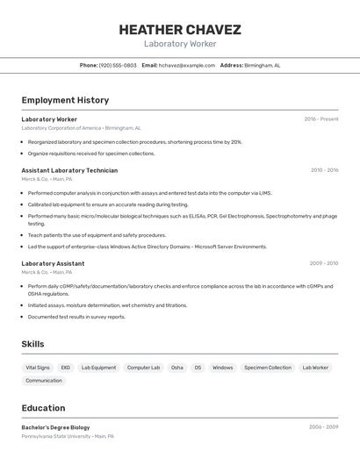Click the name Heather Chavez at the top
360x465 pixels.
(x=180, y=29)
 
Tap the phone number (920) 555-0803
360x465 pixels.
(x=118, y=65)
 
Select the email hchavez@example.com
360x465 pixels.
(x=187, y=65)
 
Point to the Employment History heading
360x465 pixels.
(x=65, y=100)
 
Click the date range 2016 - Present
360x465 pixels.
(x=320, y=119)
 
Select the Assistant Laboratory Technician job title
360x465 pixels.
(x=69, y=170)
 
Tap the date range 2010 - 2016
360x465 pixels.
(x=324, y=170)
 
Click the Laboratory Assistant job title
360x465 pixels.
(x=53, y=263)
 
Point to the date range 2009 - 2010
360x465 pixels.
(x=324, y=263)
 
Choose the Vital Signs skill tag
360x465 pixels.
(x=38, y=368)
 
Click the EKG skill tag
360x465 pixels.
(x=66, y=368)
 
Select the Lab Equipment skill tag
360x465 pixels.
(x=98, y=368)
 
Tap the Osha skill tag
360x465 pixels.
(x=177, y=368)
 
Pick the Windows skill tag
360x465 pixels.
(x=223, y=368)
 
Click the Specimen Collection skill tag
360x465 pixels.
(x=268, y=368)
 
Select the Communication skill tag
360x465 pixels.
(x=44, y=381)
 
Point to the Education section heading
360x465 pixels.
(x=43, y=408)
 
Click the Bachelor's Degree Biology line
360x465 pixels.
(x=55, y=427)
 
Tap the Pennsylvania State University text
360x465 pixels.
(x=55, y=436)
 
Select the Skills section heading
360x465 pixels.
(x=32, y=345)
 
